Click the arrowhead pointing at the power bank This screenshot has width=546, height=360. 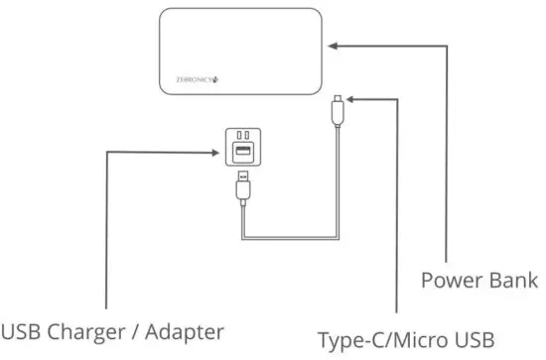[333, 45]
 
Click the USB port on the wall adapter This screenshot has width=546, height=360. [241, 151]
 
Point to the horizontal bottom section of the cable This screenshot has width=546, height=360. [288, 238]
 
